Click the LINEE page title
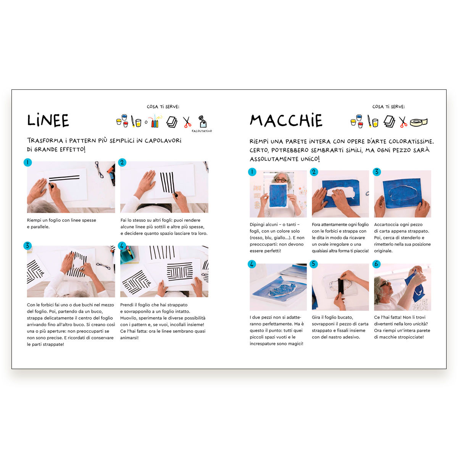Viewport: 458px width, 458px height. coord(48,120)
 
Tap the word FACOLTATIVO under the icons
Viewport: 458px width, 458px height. coord(202,131)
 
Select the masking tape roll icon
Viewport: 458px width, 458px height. coord(419,122)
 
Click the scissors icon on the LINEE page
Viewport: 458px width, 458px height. coord(187,122)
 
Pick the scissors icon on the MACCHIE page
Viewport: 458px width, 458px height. coord(403,122)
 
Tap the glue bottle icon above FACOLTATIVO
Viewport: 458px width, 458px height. coord(202,121)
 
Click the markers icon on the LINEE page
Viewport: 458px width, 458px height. coord(155,121)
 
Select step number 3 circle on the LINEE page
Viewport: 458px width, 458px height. coord(27,246)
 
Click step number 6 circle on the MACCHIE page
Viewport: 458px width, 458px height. coord(376,264)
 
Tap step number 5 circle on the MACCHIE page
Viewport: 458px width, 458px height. coord(314,264)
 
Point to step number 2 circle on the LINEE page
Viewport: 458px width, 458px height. coord(122,163)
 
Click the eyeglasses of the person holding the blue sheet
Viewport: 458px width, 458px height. coord(281,181)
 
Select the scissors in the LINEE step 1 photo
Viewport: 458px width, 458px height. coord(99,169)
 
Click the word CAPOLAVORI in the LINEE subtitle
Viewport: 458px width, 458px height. coord(163,141)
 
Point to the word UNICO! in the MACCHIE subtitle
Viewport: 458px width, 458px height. coord(310,159)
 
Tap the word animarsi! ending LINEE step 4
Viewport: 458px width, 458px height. coord(129,338)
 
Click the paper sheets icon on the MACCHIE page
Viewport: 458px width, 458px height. coord(389,121)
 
